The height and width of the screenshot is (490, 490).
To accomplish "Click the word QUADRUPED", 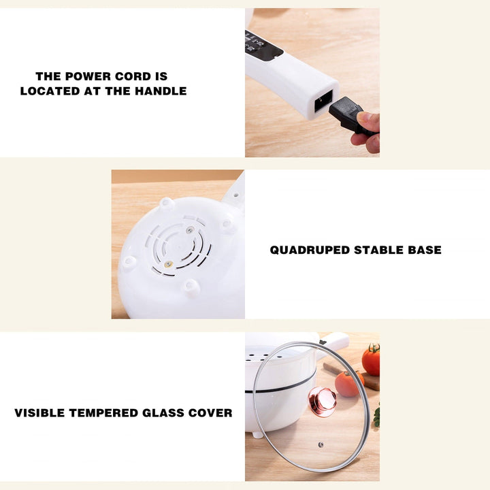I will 310,250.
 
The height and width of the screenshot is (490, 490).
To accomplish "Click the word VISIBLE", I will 40,412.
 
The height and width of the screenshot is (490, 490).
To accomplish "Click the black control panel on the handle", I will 263,44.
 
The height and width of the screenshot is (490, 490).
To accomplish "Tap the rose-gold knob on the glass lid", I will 323,401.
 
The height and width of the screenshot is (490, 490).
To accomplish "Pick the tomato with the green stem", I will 372,359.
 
